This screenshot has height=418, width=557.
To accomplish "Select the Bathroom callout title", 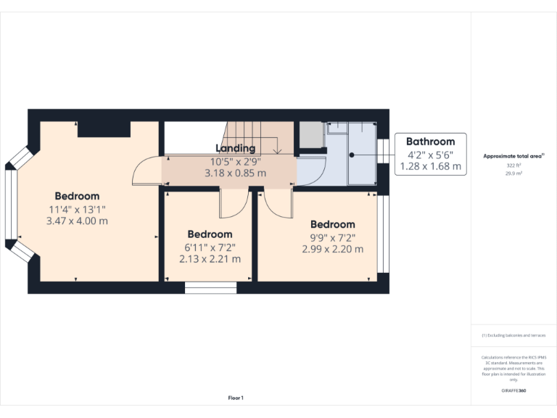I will [430, 142].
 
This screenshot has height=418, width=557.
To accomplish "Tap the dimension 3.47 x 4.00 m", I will [77, 221].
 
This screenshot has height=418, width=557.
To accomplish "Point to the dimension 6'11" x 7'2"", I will [210, 247].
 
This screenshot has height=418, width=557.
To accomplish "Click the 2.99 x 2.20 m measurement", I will [332, 249].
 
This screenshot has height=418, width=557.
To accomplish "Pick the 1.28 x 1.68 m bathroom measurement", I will [430, 166].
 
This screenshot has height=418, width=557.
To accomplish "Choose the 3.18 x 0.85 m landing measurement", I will [235, 173].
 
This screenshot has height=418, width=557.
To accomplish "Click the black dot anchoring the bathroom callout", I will [350, 155].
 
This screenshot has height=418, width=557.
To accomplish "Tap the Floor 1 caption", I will [236, 398].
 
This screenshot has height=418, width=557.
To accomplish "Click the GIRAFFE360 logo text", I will [513, 390].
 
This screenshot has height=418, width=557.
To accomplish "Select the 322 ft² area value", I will [513, 165].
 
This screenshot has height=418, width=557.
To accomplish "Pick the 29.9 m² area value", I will [513, 174].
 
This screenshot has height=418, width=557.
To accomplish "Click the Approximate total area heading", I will [513, 156].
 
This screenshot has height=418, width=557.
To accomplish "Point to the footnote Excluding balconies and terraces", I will [513, 335].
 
